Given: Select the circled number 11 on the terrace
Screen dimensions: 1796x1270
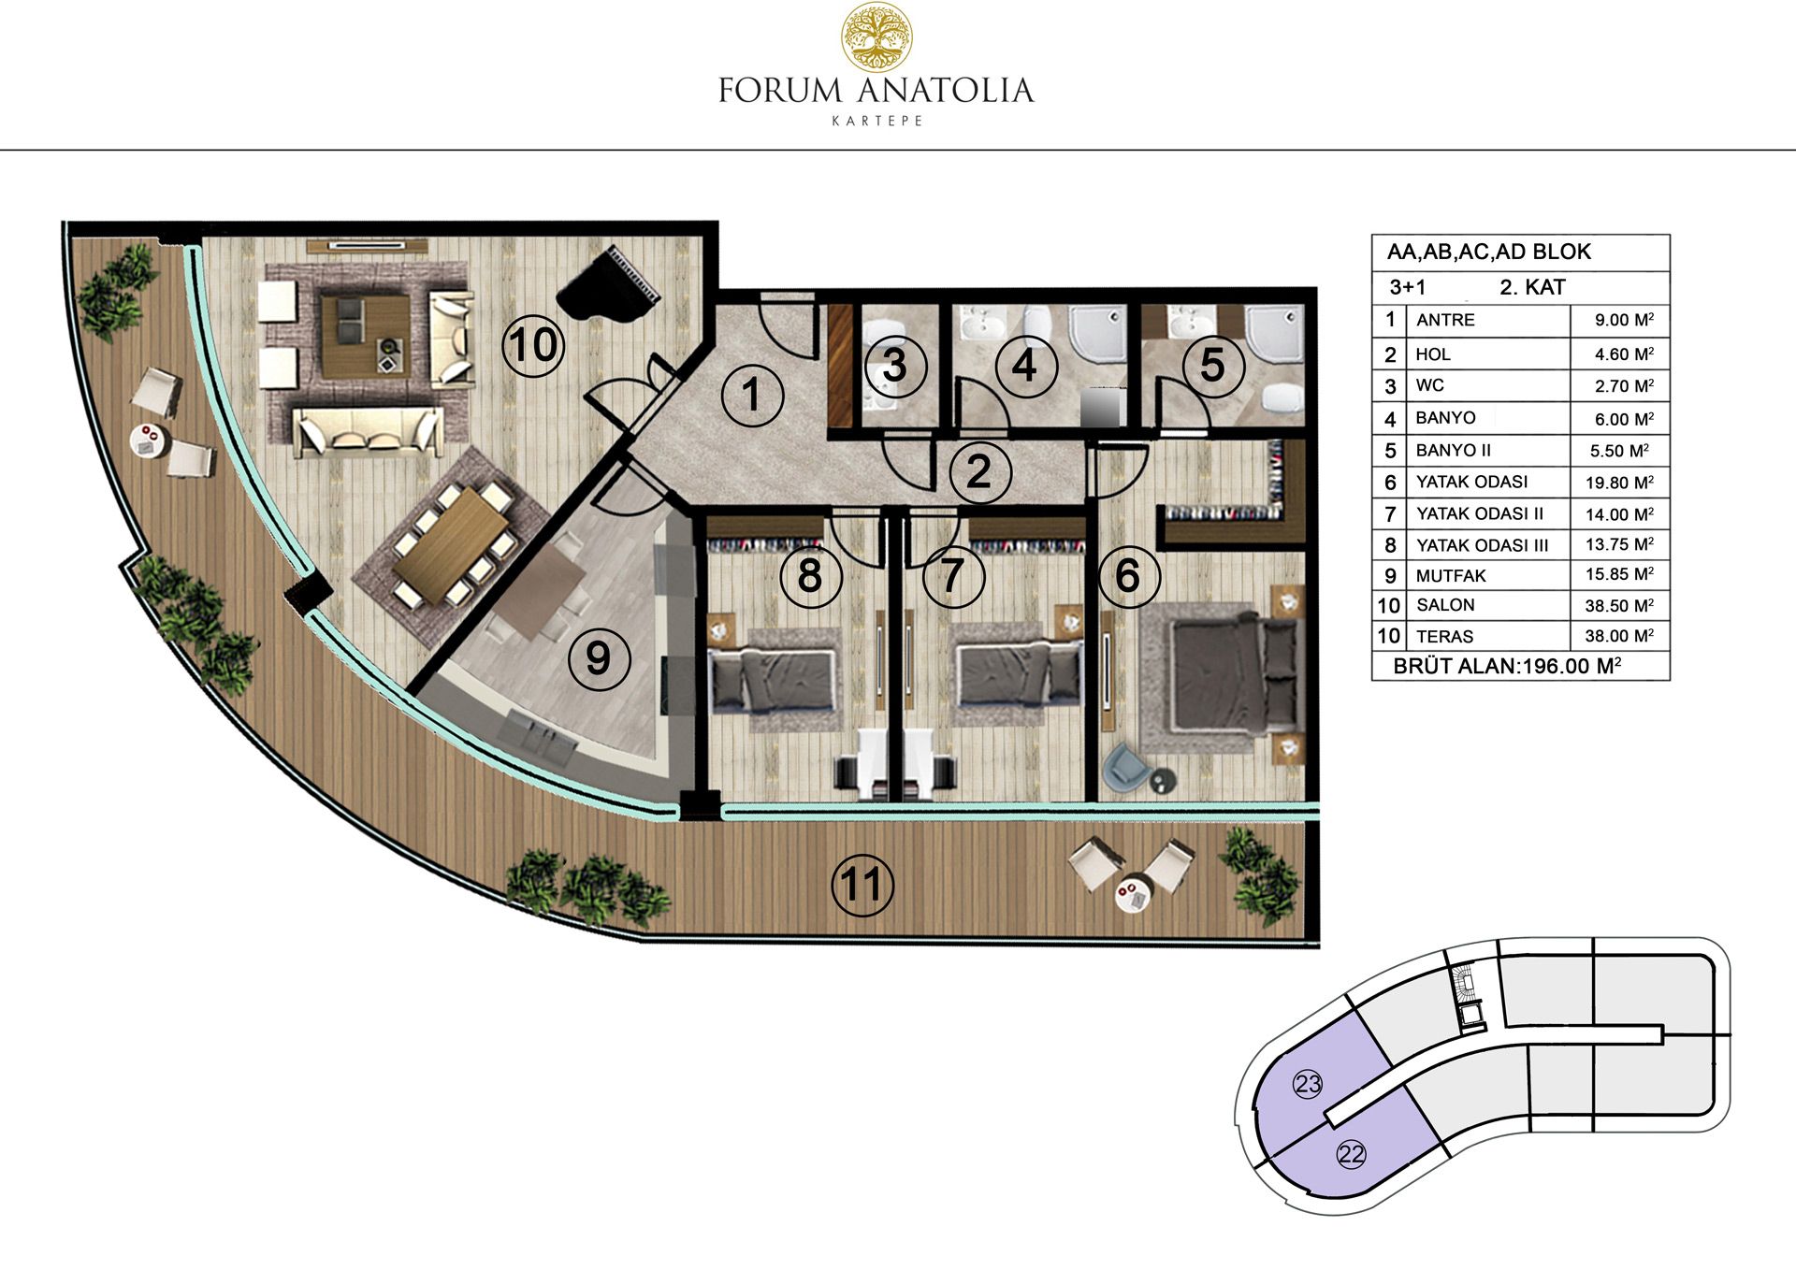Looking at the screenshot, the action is coord(862,885).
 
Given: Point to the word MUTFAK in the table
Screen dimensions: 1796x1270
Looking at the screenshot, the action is coord(1451,575).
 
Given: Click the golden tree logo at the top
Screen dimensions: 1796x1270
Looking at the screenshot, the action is coord(876,36).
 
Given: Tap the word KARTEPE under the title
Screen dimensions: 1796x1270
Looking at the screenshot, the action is coord(876,121).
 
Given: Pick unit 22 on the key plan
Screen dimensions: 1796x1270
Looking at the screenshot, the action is coord(1352,1154).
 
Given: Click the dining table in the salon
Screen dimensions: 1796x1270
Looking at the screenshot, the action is coord(451,544).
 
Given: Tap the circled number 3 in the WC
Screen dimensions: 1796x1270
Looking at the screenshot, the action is coord(894,365).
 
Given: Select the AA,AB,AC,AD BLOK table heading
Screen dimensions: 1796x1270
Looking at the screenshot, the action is coord(1489,252).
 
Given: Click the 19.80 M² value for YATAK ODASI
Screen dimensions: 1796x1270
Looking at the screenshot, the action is coord(1619,483).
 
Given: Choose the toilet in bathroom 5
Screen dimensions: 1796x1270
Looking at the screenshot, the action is coord(1281,397).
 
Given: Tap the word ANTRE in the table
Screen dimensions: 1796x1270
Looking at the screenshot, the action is coord(1445,320).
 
